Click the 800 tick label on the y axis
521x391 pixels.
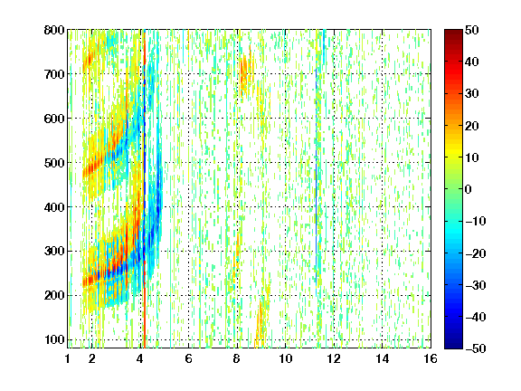coord(54,30)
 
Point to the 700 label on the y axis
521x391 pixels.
coord(54,74)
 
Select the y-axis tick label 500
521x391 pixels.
coord(54,163)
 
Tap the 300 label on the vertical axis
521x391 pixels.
coord(54,252)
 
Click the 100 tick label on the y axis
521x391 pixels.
coord(54,339)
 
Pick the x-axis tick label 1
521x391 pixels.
coord(68,358)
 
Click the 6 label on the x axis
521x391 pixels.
coord(188,358)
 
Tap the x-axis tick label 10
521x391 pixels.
coord(285,358)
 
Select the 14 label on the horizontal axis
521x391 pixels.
coord(382,358)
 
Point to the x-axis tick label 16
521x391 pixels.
coord(431,358)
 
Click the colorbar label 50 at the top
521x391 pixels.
coord(471,30)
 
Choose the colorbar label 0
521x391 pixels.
coord(468,189)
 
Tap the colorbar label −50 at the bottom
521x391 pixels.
coord(476,348)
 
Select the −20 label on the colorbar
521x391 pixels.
coord(476,253)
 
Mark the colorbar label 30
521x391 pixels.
coord(471,94)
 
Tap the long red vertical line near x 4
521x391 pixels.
coord(145,188)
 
